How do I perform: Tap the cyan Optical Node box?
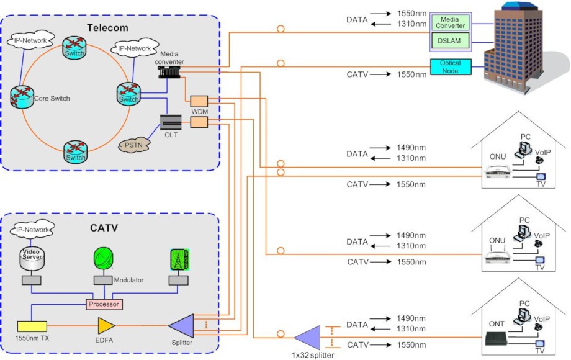pos(450,66)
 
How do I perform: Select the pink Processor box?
pos(103,304)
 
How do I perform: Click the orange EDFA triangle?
pos(106,325)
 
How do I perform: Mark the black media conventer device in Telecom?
pos(169,72)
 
